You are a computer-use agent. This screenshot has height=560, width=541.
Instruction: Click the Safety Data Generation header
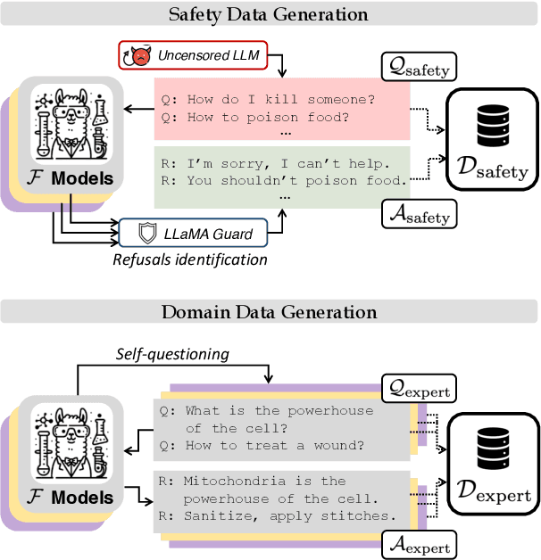[269, 15]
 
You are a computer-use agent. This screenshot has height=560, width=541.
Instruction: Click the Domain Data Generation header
[269, 312]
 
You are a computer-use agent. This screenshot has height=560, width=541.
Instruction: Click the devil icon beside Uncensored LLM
[137, 56]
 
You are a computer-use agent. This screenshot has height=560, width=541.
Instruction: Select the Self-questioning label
[172, 354]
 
